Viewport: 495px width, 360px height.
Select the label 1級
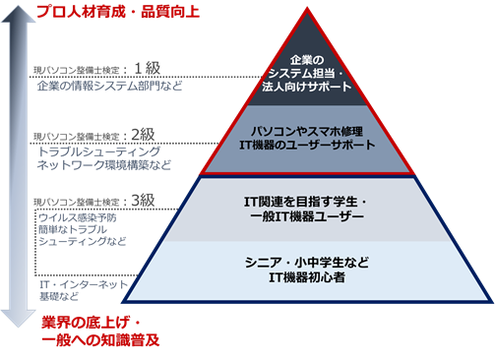[147, 69]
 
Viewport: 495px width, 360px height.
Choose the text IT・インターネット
[73, 282]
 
